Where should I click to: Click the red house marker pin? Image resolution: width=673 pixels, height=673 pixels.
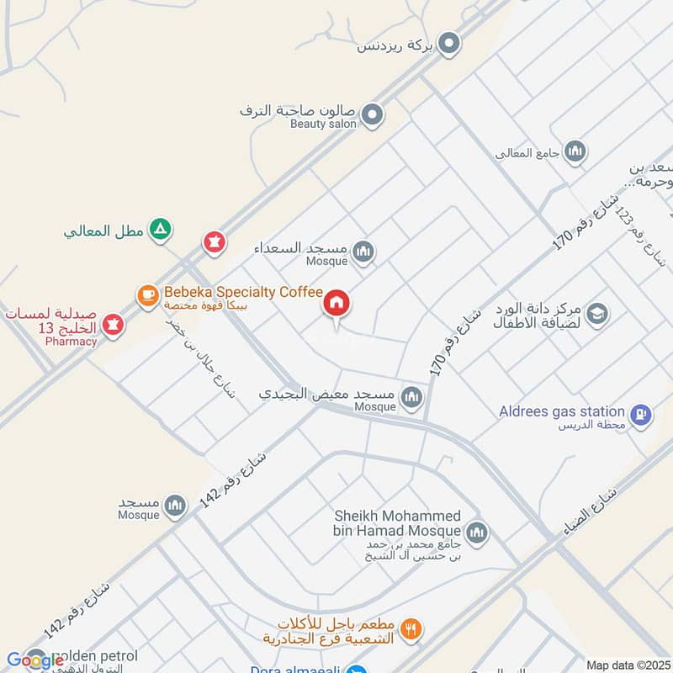336,304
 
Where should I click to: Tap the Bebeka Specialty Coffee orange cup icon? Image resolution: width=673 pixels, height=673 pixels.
148,294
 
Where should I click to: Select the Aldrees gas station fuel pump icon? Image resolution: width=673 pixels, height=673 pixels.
641,414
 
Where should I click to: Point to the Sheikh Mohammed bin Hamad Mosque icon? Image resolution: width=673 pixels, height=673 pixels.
476,532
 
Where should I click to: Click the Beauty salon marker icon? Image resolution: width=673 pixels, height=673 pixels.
373,114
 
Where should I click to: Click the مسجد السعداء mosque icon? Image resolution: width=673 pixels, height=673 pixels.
363,252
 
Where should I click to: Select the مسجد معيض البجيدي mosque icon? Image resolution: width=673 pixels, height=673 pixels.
411,396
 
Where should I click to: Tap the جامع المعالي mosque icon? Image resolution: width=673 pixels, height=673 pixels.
575,151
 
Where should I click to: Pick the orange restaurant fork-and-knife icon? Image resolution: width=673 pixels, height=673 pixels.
411,628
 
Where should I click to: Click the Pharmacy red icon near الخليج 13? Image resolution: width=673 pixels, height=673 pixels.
112,323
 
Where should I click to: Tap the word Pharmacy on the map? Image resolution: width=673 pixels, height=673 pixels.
72,342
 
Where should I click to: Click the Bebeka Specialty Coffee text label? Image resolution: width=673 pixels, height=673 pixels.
244,292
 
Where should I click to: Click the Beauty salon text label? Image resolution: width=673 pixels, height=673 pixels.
323,124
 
